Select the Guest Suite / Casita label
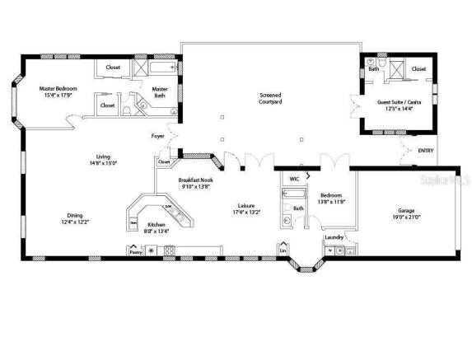396,103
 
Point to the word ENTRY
426,151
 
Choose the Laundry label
334,237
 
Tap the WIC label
293,178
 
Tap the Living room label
103,157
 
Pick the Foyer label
157,135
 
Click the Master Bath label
160,91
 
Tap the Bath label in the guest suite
373,69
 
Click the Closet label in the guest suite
418,69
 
